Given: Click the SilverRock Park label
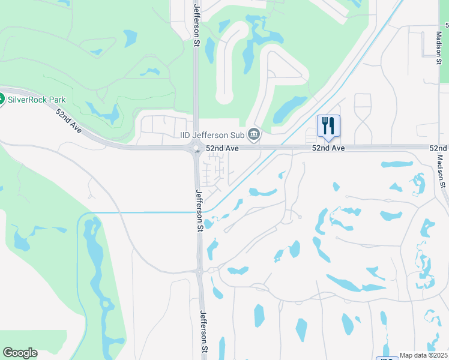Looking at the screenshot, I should point(37,100).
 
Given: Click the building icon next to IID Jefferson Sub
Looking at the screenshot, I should point(254,134).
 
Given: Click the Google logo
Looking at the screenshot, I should point(20,353).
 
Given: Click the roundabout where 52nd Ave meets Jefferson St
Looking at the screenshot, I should point(196,148).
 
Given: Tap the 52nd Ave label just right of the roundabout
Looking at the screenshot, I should point(223,148).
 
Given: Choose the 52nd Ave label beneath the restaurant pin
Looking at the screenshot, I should point(328,148).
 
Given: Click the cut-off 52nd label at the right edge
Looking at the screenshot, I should point(439,148).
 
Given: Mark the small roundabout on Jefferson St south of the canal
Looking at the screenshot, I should point(199,271).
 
